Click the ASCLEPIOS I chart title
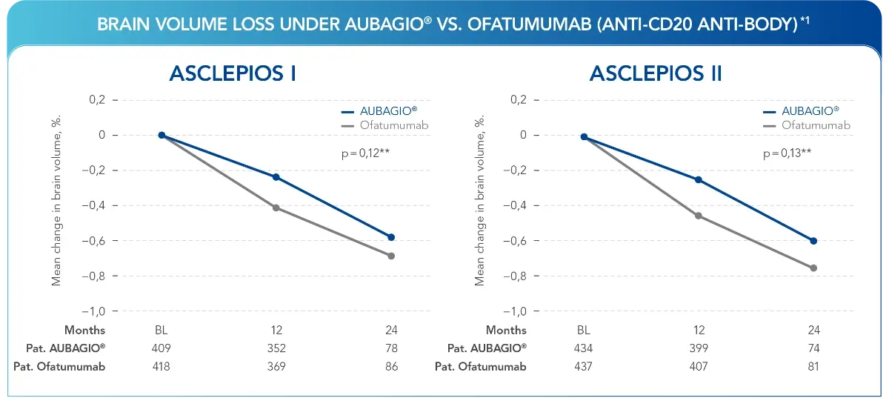233,74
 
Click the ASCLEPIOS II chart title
656,74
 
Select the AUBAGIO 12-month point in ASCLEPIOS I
276,177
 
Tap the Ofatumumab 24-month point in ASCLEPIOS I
391,256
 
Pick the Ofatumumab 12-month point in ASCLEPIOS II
698,216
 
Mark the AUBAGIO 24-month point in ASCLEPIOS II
813,241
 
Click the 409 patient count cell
161,348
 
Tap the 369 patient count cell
276,366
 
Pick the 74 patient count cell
813,348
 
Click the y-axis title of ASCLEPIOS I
56,200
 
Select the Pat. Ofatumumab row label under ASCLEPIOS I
59,366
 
